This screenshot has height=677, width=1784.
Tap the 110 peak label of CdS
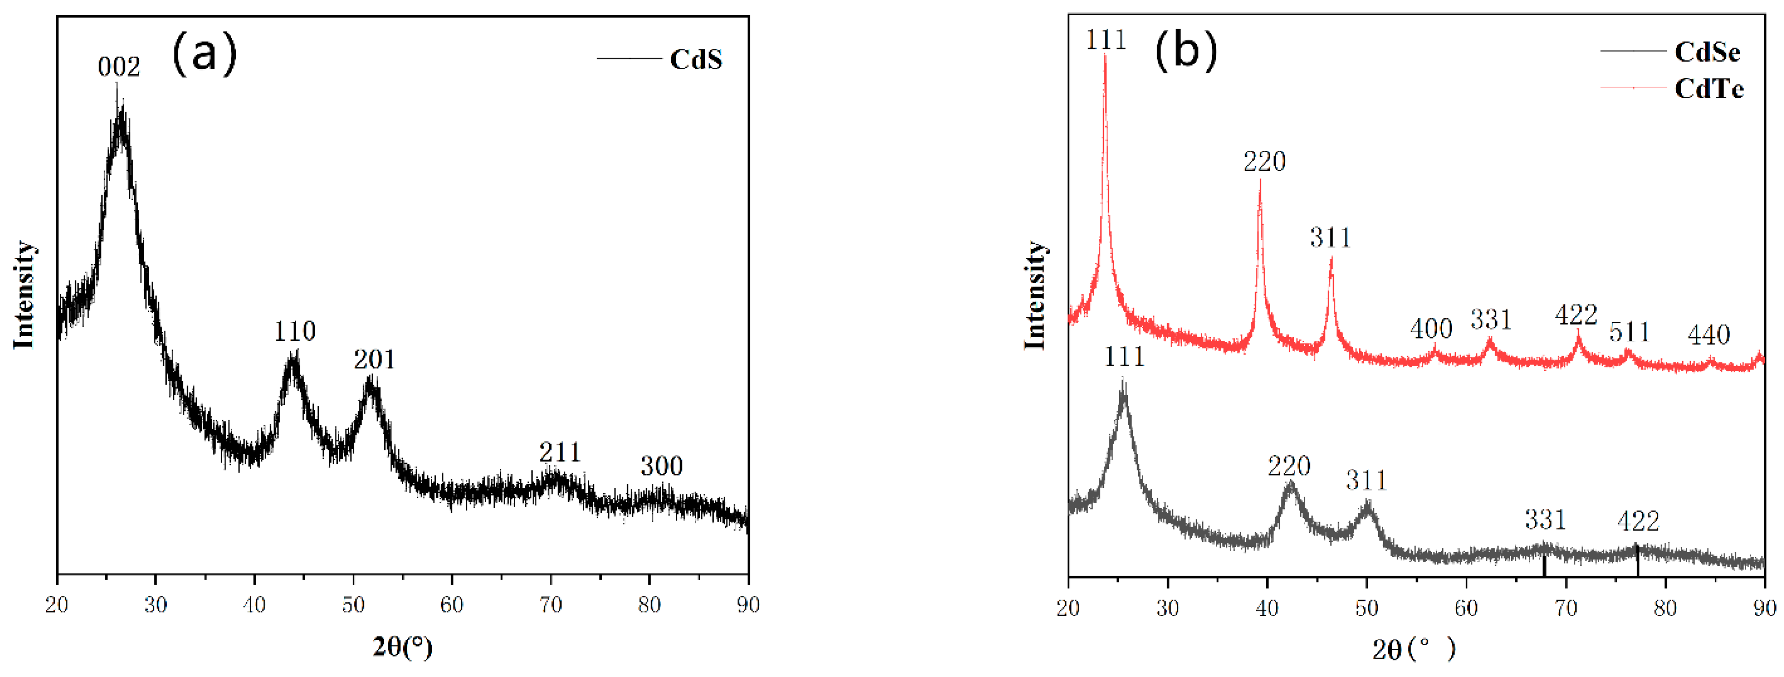tap(294, 332)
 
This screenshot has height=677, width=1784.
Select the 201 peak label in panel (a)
tap(374, 360)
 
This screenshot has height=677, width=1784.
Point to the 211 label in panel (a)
tap(560, 452)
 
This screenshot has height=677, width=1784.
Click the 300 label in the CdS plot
tap(661, 466)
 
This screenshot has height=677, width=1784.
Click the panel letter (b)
tap(1185, 51)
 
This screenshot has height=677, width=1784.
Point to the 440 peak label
tap(1708, 335)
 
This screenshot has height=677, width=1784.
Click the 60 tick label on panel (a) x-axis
tap(452, 605)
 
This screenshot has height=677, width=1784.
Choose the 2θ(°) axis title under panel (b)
tap(1414, 649)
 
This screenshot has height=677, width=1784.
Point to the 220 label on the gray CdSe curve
tap(1289, 466)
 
